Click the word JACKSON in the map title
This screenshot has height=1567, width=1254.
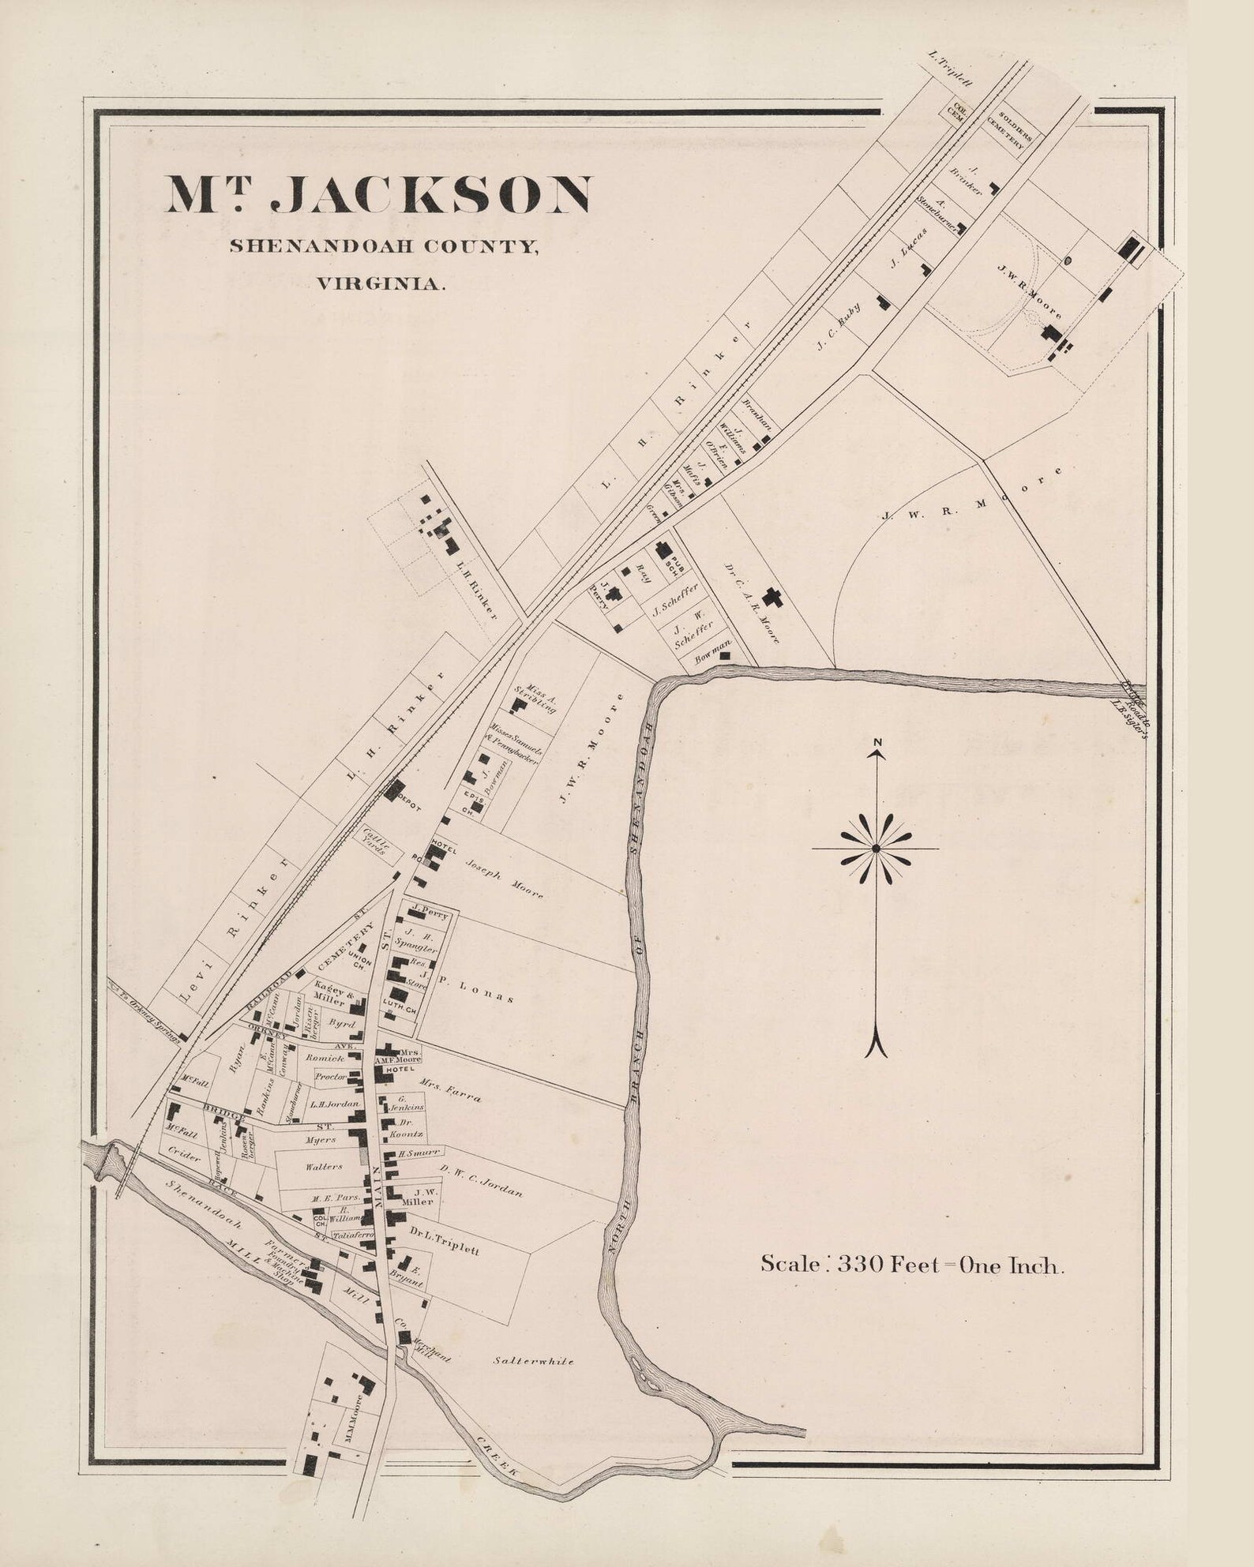(x=430, y=196)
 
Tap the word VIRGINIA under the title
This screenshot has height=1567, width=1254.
(x=381, y=283)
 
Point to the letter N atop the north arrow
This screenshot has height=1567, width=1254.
(x=877, y=742)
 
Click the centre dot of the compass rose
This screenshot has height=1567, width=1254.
(x=876, y=848)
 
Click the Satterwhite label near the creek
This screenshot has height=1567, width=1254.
(x=533, y=1361)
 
